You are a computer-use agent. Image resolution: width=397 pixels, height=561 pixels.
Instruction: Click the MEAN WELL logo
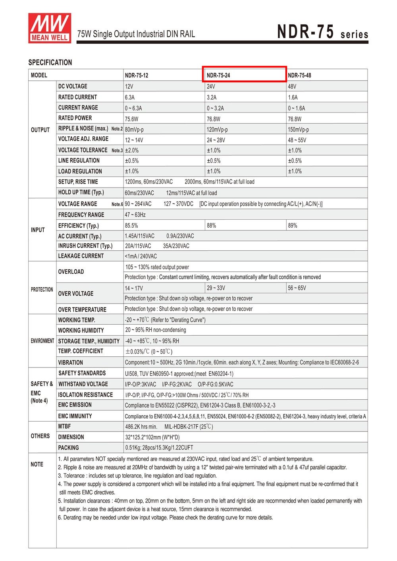tap(49, 27)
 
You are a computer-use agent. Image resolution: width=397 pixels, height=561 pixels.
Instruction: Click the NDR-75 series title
tap(322, 32)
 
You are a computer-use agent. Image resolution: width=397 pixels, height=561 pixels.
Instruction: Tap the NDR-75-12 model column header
tap(137, 75)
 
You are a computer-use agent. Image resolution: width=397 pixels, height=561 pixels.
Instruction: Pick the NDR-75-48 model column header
tap(299, 75)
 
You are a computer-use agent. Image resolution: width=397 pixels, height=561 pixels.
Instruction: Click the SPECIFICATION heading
tap(50, 62)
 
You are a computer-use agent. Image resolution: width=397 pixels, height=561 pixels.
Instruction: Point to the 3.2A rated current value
tap(212, 97)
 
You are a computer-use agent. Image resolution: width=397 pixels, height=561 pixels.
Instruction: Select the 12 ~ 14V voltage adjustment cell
tap(134, 140)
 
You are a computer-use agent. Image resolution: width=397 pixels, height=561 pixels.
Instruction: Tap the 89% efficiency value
tap(293, 225)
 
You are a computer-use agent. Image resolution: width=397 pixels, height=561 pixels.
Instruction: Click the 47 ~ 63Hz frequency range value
tap(135, 215)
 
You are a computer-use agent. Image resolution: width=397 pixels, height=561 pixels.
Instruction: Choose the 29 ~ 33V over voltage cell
tap(216, 288)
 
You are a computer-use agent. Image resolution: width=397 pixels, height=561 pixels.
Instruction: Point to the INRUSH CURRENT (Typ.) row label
tap(85, 246)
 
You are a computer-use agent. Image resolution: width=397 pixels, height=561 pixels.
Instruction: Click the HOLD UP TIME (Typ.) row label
tap(81, 192)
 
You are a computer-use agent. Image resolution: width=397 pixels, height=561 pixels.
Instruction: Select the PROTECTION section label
tap(42, 290)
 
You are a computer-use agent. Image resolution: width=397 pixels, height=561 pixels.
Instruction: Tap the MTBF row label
tap(64, 426)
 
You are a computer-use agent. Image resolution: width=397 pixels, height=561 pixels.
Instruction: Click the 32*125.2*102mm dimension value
tap(152, 437)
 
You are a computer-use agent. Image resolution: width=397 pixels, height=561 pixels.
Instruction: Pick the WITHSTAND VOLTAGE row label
tap(83, 384)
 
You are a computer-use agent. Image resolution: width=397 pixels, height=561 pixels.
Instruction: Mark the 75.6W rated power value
tap(131, 119)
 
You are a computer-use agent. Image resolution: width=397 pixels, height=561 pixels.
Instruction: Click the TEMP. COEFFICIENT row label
tap(81, 351)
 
